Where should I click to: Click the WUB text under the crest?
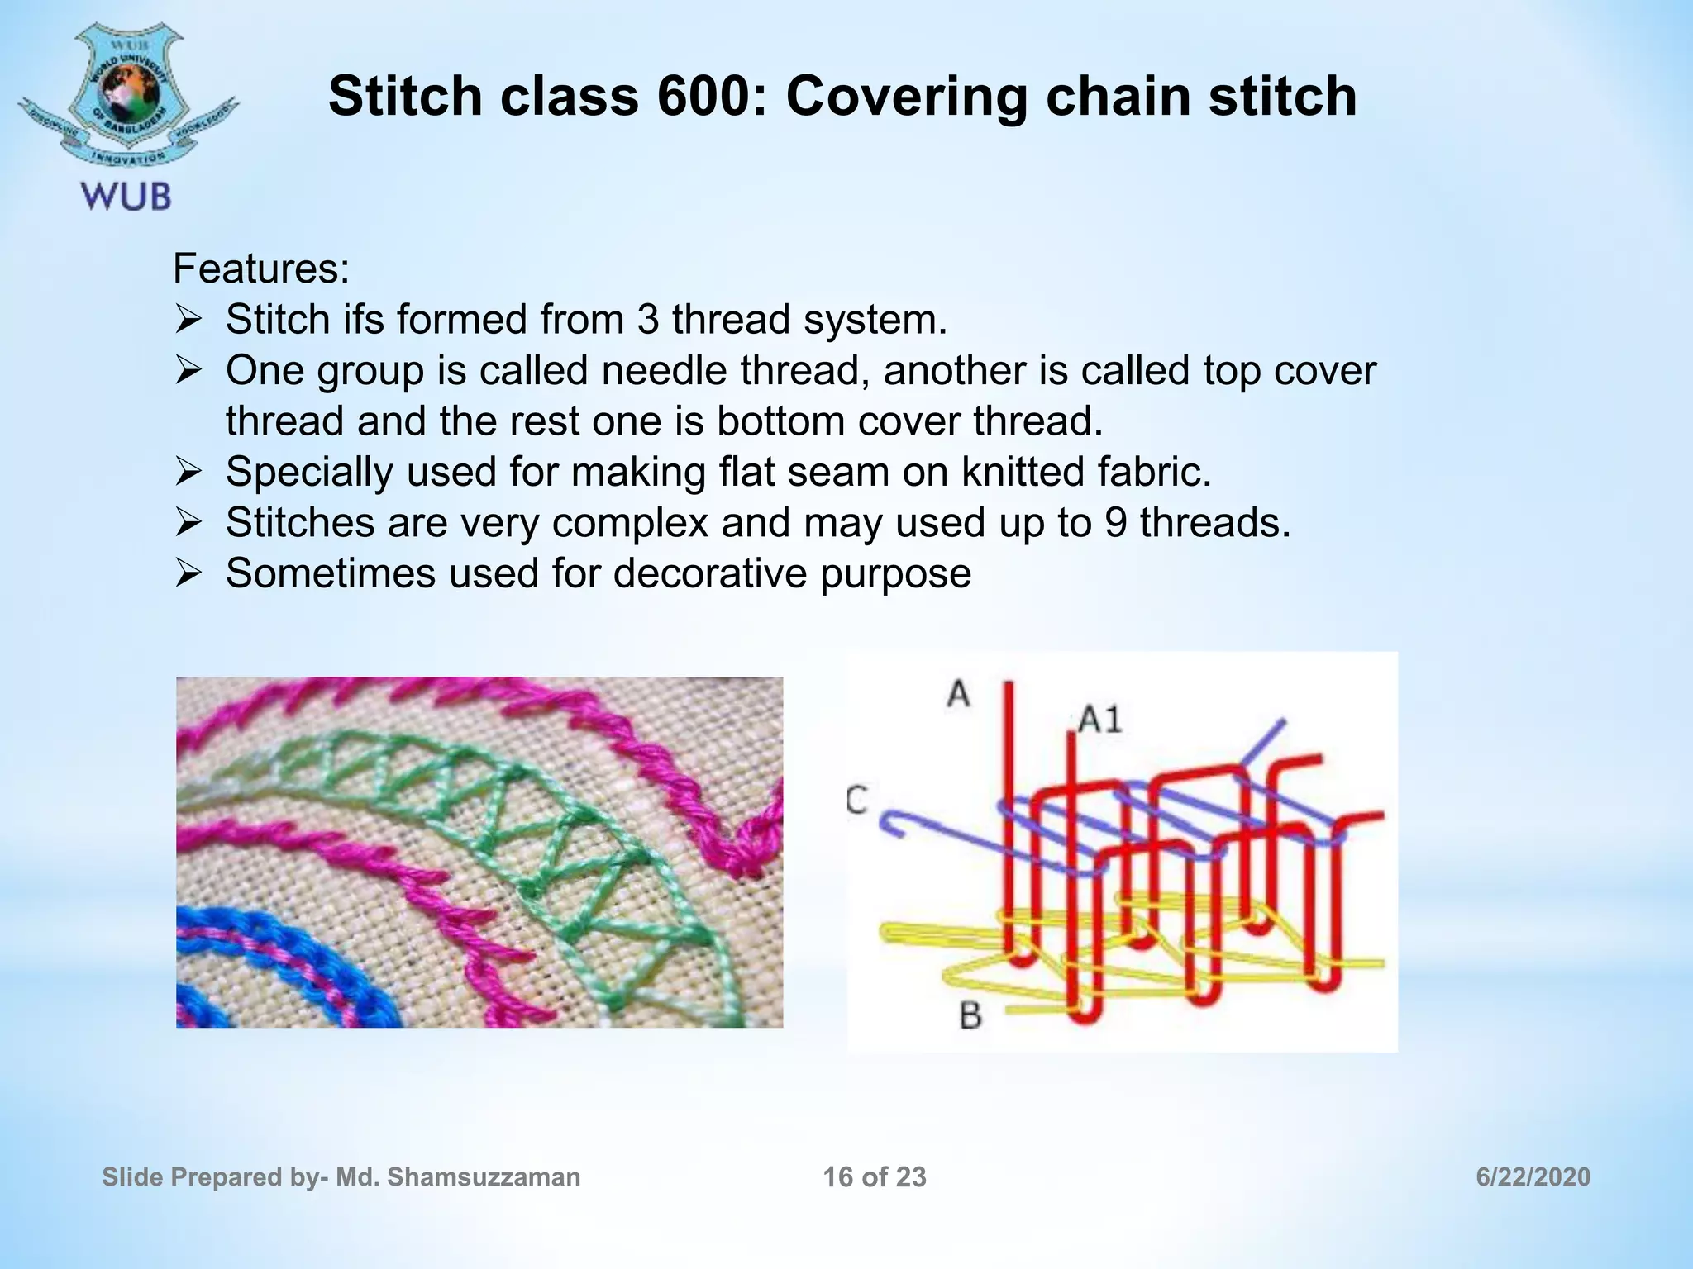pos(126,197)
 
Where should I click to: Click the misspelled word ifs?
pos(364,320)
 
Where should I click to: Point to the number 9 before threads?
pos(1115,523)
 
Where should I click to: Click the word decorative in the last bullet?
pos(710,573)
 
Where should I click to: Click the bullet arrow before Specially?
pos(188,473)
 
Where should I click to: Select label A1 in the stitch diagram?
pos(1100,720)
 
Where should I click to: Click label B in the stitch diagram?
pos(970,1015)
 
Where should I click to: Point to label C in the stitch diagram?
pos(857,800)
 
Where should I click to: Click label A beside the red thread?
pos(958,693)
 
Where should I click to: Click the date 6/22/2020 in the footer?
pos(1533,1177)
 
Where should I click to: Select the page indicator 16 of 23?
pos(875,1177)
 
